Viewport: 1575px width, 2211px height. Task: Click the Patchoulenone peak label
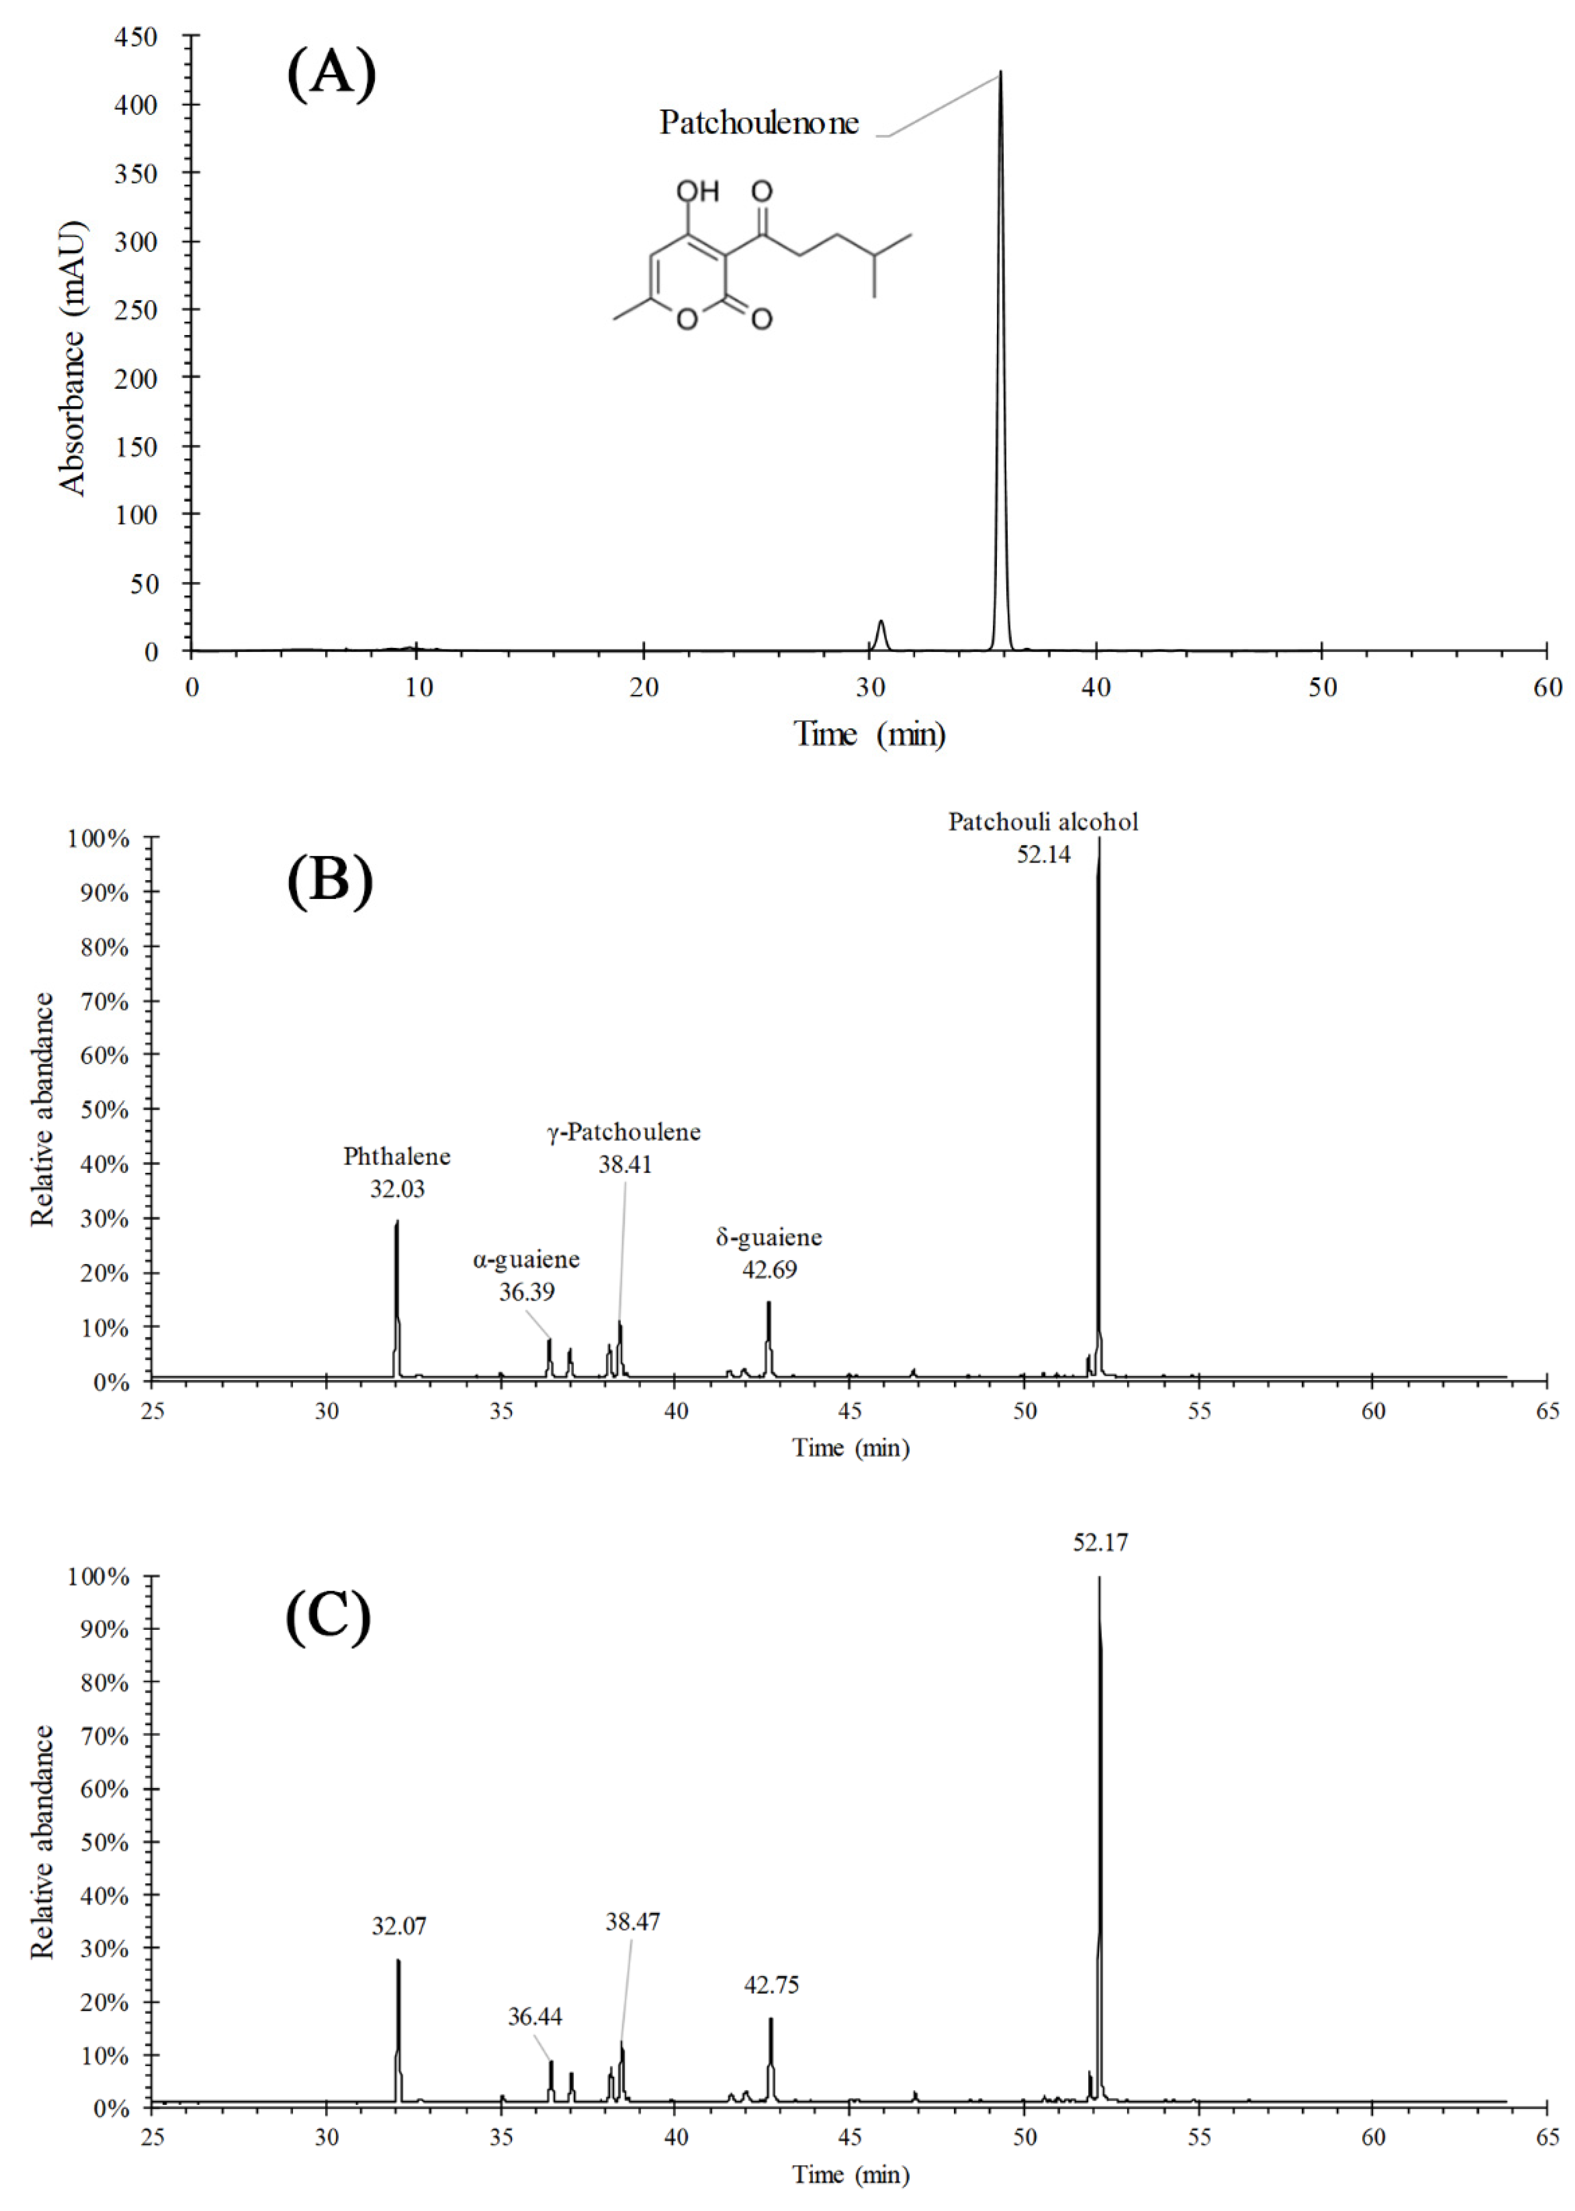click(759, 123)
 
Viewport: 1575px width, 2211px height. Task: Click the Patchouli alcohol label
click(1043, 822)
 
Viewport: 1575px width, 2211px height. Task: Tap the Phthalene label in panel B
click(397, 1157)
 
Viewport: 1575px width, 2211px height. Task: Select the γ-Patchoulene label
click(623, 1132)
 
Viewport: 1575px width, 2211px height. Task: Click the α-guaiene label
click(527, 1259)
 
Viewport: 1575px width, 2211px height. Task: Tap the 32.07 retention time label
click(399, 1926)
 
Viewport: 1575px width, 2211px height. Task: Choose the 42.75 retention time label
click(771, 1985)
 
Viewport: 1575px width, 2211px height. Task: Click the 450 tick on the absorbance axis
click(136, 37)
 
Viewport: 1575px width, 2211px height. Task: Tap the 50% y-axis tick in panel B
click(104, 1109)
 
